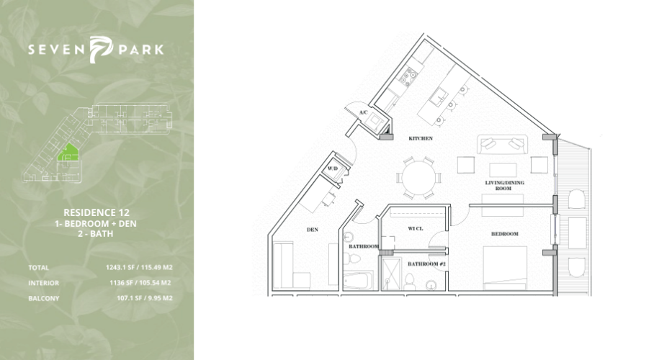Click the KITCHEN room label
coord(421,138)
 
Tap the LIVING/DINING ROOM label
coord(504,185)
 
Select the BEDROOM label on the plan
coord(505,233)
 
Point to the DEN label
coord(313,230)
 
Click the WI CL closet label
coord(416,228)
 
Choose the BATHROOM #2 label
coord(426,264)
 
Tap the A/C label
coord(364,112)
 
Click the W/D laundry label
coord(333,168)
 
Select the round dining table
coord(419,178)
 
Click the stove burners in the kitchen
coord(407,77)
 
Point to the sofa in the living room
coord(502,145)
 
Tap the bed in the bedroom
coord(505,268)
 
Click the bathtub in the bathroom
coord(358,281)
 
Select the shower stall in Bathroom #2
coord(391,273)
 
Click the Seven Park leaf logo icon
coord(102,49)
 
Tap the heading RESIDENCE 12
coord(97,212)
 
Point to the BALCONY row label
coord(44,299)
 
